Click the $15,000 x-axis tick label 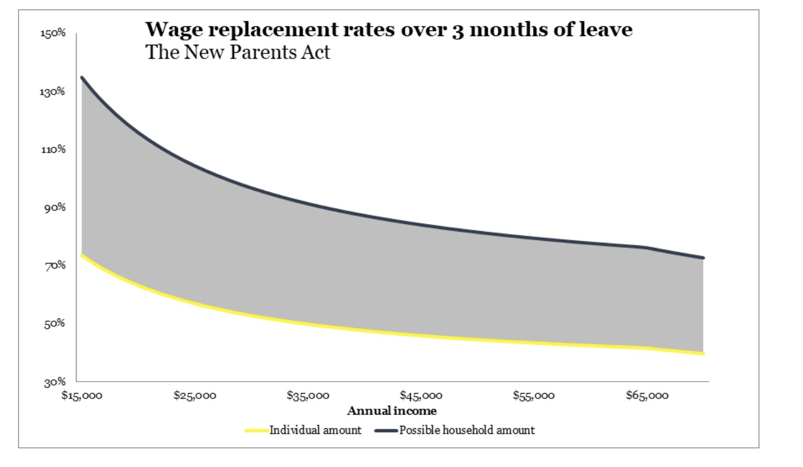[x=82, y=395]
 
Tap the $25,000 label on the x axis [x=195, y=395]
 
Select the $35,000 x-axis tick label [x=308, y=395]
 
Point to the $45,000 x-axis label [x=421, y=395]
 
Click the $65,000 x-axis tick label [x=647, y=395]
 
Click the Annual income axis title [x=392, y=411]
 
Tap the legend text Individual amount [x=315, y=430]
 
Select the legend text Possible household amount [x=467, y=430]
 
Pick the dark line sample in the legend [x=385, y=430]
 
